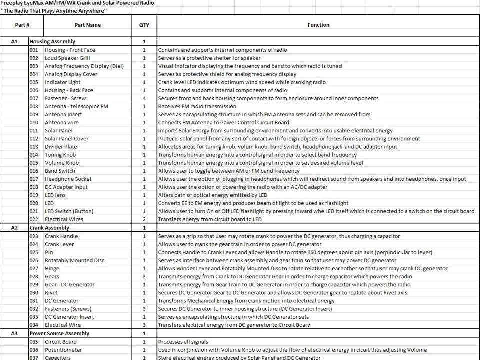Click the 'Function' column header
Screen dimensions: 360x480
click(318, 25)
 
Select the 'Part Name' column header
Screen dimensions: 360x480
click(87, 25)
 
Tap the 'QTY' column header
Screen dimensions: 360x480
click(144, 25)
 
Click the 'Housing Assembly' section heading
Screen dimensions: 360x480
click(52, 42)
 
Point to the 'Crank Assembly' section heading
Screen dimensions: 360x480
click(49, 228)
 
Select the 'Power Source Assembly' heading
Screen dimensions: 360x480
click(59, 333)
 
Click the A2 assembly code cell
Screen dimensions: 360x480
click(14, 228)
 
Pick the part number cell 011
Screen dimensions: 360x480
click(34, 131)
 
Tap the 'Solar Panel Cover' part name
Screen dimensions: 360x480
click(67, 139)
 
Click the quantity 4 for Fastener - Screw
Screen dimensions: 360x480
click(144, 98)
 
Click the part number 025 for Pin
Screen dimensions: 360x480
click(34, 252)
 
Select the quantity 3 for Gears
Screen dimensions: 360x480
click(144, 276)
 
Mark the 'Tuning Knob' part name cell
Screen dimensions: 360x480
click(61, 155)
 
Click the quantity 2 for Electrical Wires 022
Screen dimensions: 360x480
click(144, 219)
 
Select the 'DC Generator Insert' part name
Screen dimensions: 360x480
click(69, 317)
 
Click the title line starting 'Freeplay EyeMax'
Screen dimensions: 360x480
click(77, 3)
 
